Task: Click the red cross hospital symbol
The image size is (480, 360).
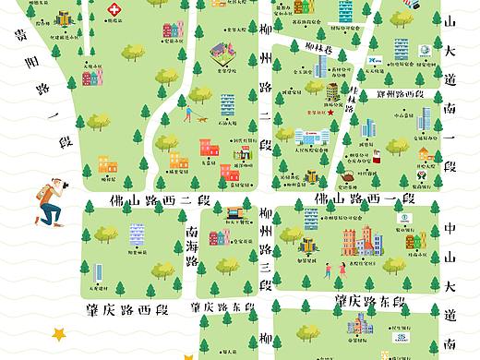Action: click(114, 10)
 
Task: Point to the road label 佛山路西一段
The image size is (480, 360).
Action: click(364, 198)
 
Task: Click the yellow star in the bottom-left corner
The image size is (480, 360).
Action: click(61, 333)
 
